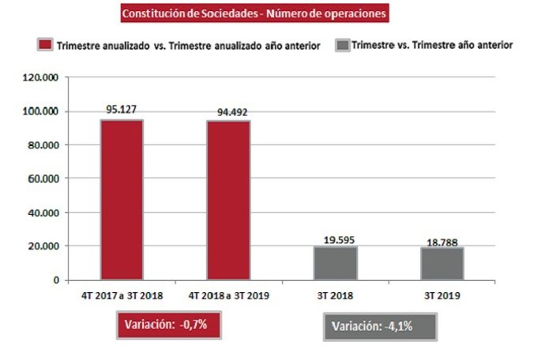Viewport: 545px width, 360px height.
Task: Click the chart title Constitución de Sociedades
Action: [x=254, y=13]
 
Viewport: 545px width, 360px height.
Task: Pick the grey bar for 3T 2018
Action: [x=335, y=263]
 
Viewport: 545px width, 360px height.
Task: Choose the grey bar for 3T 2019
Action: [x=442, y=264]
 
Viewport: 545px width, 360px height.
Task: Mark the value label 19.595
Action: [x=335, y=238]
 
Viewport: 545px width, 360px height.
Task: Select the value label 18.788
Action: [x=442, y=239]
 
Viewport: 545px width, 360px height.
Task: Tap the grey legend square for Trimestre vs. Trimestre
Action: [x=343, y=45]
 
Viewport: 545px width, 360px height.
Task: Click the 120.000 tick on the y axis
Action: [x=42, y=77]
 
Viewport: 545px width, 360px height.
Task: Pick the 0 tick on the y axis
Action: [x=56, y=280]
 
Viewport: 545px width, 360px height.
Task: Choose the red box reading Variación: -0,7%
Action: [x=167, y=324]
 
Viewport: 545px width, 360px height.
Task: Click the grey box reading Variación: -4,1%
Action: [x=380, y=327]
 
